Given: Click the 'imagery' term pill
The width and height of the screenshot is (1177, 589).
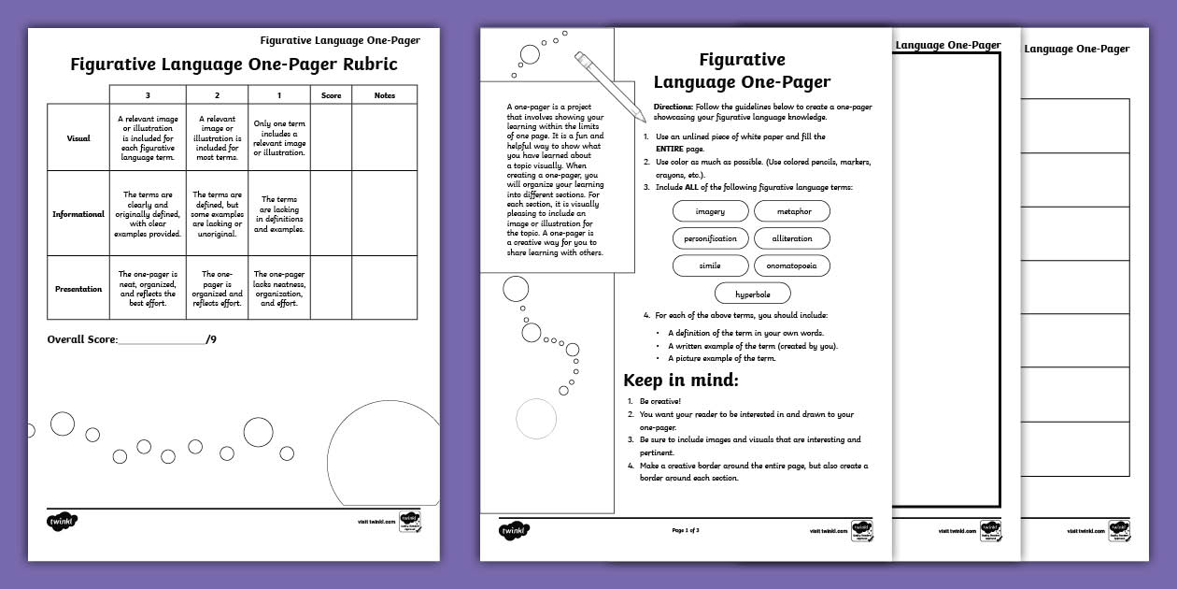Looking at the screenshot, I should coord(710,211).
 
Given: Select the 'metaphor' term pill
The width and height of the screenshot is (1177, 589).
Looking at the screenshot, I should coord(792,211).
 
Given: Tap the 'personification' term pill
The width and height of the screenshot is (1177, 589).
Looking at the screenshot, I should coord(710,238).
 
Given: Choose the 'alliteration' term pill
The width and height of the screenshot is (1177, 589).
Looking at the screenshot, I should coord(792,238).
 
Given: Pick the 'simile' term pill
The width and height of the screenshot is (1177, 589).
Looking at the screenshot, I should coord(710,266).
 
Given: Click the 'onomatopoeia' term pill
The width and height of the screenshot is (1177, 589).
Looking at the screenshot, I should coord(792,266).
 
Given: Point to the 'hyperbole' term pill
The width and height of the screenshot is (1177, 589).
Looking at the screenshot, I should coord(752,294).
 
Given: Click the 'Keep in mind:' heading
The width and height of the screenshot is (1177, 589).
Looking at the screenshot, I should coord(680,381).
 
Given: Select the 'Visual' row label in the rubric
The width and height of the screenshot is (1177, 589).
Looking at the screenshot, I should coord(78,138).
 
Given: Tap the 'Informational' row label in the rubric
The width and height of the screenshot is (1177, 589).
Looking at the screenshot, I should coord(78,214).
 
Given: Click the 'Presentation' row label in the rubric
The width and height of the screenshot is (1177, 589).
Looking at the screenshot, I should coord(78,289).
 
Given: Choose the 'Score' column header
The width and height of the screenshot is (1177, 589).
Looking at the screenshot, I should coord(331,95).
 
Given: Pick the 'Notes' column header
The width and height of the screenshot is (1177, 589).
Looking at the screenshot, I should coord(384,95).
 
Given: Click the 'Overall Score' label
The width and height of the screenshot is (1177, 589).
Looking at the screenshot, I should coord(82,339).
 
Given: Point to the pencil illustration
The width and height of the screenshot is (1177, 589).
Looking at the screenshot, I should coord(610,86).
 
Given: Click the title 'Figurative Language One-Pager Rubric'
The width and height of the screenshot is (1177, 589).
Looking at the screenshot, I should coord(234,65).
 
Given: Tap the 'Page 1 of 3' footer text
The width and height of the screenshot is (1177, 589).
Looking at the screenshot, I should coord(686,530).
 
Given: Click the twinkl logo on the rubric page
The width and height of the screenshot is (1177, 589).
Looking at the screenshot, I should coord(62,521).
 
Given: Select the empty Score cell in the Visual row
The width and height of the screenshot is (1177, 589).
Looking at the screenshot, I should coord(331,138).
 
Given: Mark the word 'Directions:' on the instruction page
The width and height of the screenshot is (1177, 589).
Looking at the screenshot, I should coord(673,108).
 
